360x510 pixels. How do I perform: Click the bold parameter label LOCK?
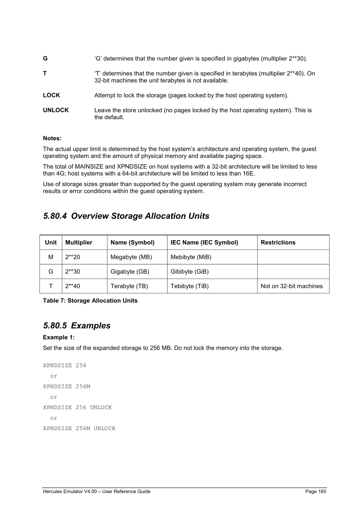point(51,95)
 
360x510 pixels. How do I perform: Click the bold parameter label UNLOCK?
point(56,110)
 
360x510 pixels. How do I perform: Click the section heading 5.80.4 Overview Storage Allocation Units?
point(126,216)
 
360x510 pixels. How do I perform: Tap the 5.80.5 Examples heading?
point(77,326)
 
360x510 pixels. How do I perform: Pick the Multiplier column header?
point(79,242)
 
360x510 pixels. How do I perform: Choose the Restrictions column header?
point(278,242)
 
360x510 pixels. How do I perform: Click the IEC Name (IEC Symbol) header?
point(204,242)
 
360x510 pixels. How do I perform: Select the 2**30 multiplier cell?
point(72,272)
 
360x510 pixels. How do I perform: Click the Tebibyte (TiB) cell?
point(189,286)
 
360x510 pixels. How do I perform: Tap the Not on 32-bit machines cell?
point(291,286)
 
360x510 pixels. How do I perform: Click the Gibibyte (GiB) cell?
point(189,272)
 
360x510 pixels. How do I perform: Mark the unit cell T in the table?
point(51,286)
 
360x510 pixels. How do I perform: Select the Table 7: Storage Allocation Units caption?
point(90,301)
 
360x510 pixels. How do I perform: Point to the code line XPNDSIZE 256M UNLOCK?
point(79,429)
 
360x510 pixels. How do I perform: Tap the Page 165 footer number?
point(315,492)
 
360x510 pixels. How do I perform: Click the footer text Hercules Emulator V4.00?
point(72,492)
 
